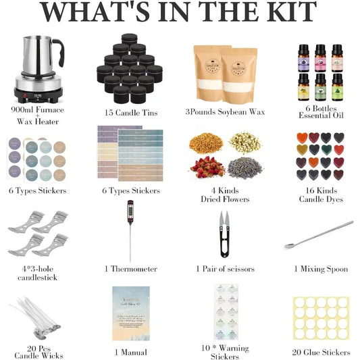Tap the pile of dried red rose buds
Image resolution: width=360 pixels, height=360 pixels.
click(x=207, y=166)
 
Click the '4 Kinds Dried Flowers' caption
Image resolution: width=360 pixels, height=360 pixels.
click(x=225, y=195)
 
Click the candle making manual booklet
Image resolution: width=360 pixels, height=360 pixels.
click(x=130, y=315)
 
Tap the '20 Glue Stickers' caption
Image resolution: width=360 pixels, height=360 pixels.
click(x=322, y=352)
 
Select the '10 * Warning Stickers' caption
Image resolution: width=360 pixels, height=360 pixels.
click(x=225, y=353)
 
